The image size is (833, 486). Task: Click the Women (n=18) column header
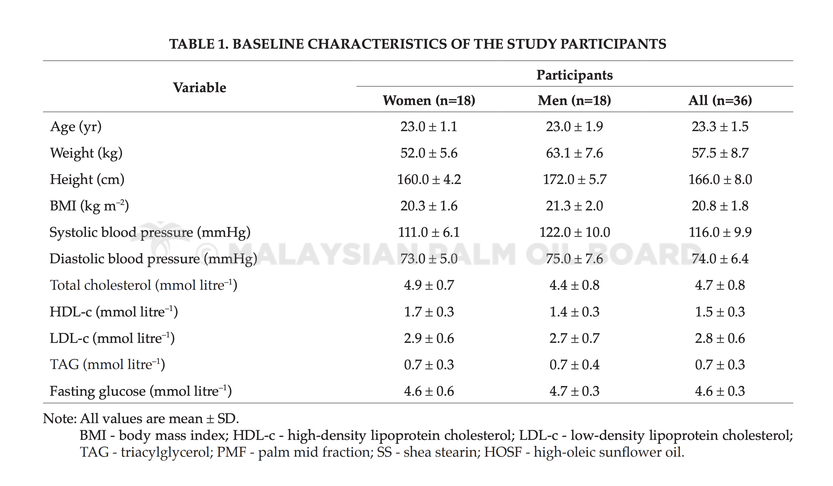(429, 100)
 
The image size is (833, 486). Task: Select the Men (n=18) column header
(575, 100)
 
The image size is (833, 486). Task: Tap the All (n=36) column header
(720, 100)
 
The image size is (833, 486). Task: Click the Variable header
(200, 87)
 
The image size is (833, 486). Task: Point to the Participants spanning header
(575, 75)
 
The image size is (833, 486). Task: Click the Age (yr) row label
(76, 127)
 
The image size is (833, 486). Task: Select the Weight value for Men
(575, 153)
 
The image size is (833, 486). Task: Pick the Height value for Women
(429, 179)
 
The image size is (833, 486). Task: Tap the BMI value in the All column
(720, 206)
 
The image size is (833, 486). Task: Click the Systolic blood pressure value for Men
(575, 232)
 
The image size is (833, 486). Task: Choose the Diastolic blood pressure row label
(153, 259)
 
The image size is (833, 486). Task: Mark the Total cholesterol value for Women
(429, 285)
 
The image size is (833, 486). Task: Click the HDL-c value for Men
(575, 312)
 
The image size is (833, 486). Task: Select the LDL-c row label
(112, 338)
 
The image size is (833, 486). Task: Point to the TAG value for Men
(575, 364)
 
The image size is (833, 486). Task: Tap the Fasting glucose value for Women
(429, 391)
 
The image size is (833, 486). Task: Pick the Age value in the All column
(720, 126)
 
